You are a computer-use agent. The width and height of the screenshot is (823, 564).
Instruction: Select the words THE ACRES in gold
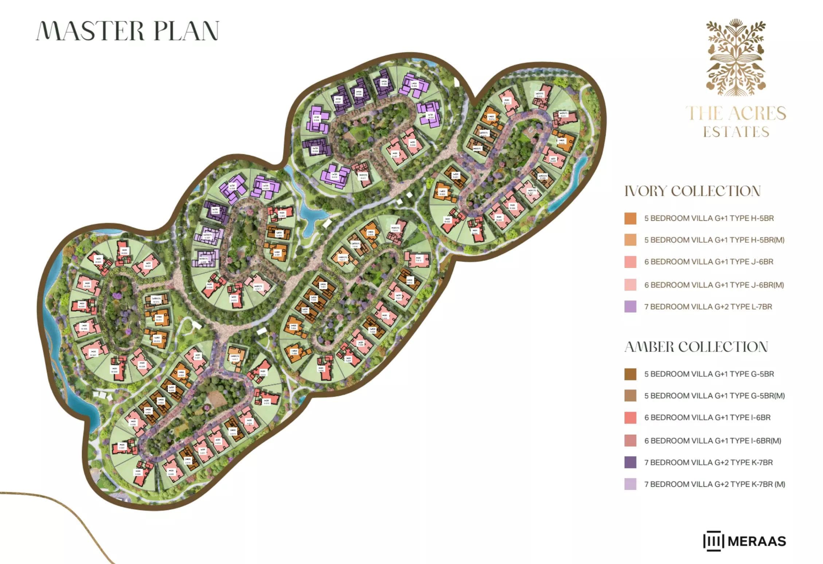(x=736, y=113)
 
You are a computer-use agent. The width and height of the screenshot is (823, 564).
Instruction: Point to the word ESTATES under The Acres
(x=736, y=132)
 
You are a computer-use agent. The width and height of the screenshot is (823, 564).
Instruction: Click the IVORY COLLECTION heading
(x=693, y=191)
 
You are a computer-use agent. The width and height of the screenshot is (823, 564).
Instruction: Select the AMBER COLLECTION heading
(x=696, y=347)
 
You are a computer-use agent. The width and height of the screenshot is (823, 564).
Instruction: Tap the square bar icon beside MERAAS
(x=713, y=541)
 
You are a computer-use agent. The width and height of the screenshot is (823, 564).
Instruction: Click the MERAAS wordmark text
(x=757, y=541)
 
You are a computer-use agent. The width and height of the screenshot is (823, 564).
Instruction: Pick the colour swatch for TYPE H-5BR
(x=630, y=219)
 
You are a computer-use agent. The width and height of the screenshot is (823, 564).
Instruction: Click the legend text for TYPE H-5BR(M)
(x=714, y=240)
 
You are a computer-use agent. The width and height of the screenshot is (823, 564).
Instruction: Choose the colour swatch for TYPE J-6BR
(x=630, y=262)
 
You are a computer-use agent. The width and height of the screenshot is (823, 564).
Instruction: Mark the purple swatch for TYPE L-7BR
(x=630, y=307)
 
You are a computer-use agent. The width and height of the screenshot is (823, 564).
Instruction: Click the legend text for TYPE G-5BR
(x=709, y=374)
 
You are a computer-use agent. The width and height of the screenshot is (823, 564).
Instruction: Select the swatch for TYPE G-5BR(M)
(x=630, y=396)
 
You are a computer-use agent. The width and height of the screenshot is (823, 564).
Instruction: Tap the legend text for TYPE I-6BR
(x=707, y=418)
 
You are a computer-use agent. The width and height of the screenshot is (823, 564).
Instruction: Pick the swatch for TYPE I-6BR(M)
(x=630, y=440)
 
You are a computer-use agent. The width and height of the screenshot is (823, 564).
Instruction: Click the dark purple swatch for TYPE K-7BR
(x=630, y=462)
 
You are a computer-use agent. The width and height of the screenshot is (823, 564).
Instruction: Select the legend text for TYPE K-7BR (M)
(x=714, y=484)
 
